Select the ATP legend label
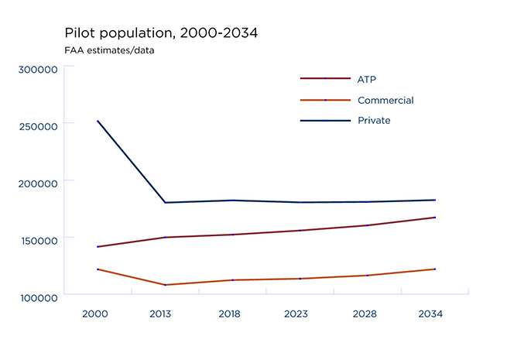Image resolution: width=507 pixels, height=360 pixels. point(367,79)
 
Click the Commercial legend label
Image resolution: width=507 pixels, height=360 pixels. point(385,101)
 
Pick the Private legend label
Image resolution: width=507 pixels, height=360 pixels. point(374,121)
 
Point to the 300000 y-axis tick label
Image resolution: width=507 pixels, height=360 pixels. point(38,70)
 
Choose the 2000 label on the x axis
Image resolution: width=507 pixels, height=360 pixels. point(96,315)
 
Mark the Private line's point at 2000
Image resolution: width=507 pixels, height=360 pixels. point(97,121)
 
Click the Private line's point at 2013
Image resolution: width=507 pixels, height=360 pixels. point(164,203)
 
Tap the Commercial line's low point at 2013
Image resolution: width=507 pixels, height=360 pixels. point(164,285)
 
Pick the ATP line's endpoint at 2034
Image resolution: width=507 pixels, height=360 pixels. point(434,218)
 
